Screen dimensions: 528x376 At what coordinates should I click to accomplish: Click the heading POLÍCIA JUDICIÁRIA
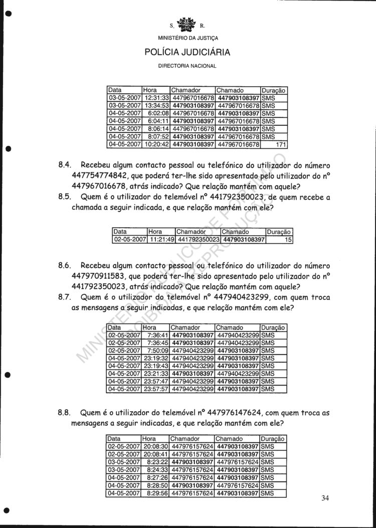(187, 52)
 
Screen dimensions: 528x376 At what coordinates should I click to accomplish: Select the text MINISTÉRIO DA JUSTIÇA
(187, 38)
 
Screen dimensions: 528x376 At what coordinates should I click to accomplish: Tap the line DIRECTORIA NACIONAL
(187, 66)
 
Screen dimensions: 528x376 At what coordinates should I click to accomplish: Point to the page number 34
(326, 498)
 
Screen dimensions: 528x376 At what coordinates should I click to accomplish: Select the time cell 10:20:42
(156, 144)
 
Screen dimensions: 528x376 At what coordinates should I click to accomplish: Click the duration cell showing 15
(279, 240)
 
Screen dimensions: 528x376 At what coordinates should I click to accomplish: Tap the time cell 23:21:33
(156, 374)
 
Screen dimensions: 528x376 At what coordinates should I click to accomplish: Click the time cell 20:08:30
(155, 446)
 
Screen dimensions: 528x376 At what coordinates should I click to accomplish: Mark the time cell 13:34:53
(156, 105)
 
